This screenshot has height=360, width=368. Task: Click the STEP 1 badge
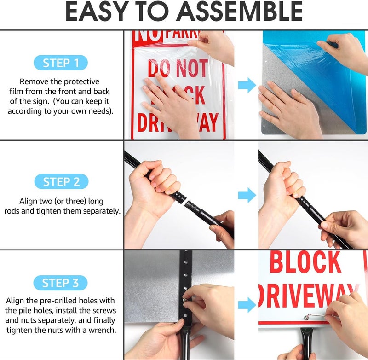[61, 63]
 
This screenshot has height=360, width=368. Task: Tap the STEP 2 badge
[61, 182]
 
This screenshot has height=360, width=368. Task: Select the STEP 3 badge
[61, 283]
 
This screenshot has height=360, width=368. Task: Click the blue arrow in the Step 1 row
[247, 84]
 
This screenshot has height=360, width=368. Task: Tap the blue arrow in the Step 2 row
[247, 195]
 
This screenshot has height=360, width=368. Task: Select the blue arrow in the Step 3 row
[247, 304]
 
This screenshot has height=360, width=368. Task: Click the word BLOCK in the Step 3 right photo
[305, 262]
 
